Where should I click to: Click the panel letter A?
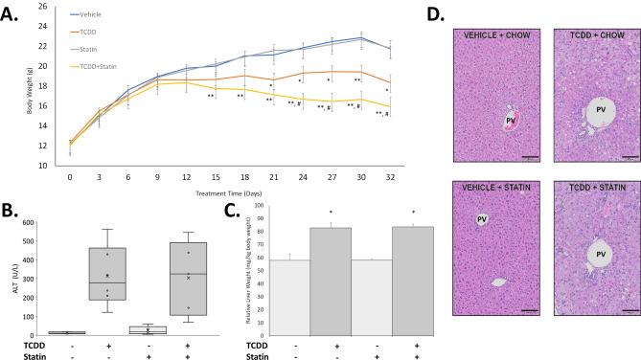point(11,12)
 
